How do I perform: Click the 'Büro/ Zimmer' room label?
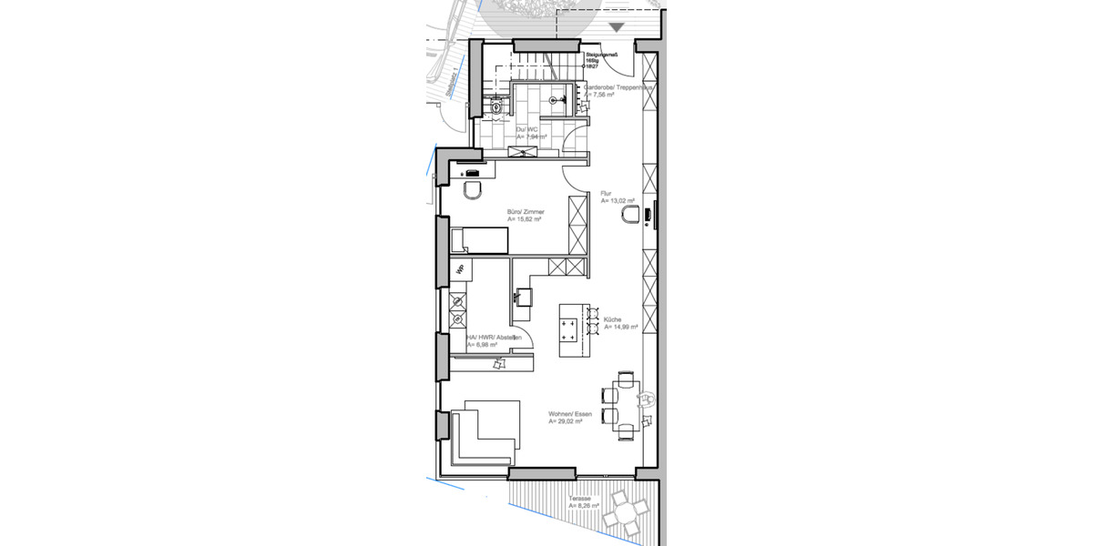[526, 212]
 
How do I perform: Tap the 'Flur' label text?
[606, 194]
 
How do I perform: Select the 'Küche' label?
[612, 319]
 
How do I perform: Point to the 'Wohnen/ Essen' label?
[570, 415]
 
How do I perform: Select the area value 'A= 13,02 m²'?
[618, 201]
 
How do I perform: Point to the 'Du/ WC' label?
[527, 131]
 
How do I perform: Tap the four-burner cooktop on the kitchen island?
[568, 328]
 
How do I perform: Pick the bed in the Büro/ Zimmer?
[479, 240]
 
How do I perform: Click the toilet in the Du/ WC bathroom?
[495, 106]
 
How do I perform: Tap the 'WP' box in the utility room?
[461, 268]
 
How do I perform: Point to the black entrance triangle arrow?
[617, 28]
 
